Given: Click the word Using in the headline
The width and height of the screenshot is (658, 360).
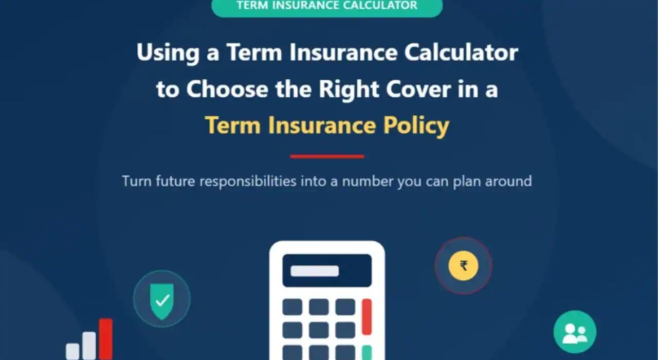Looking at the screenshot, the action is (x=168, y=53).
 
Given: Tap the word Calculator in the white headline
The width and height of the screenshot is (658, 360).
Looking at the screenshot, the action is (x=461, y=52).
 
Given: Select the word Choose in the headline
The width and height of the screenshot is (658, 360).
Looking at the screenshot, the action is (x=227, y=89).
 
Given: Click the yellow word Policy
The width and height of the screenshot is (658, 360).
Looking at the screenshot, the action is (x=416, y=126).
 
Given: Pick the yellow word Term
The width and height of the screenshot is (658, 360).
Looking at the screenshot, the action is (x=233, y=125).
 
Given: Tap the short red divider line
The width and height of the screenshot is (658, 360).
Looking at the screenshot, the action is (x=327, y=157).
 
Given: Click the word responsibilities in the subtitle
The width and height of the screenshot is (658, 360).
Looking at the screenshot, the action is (x=248, y=182).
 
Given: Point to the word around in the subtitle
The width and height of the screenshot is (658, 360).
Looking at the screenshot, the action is (x=508, y=181).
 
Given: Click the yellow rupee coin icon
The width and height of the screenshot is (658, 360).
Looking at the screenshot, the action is (x=463, y=266).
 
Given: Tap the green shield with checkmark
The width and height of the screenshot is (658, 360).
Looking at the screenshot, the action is (x=162, y=301).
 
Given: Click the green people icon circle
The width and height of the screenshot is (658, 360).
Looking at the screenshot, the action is (x=575, y=332).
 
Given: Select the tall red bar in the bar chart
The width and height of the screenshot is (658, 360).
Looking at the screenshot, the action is (x=106, y=339).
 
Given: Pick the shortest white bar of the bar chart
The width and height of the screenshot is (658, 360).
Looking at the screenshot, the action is (x=72, y=351).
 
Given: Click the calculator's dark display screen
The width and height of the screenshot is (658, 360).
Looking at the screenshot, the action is (x=327, y=271).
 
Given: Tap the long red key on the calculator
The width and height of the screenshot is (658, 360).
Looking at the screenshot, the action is (x=367, y=317).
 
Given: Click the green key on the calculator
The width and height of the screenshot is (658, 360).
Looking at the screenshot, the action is (x=367, y=353).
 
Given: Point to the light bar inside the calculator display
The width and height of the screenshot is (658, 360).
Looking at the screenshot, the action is (x=315, y=271).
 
